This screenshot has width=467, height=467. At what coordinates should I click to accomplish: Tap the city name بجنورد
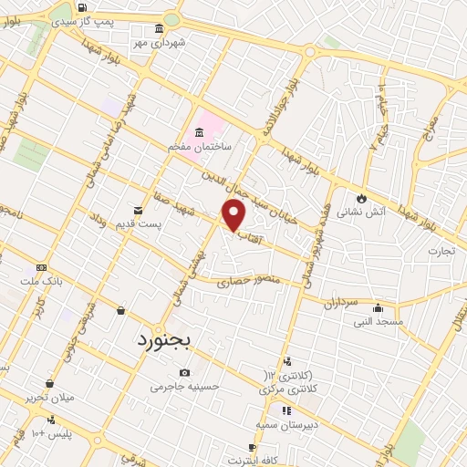point(165,341)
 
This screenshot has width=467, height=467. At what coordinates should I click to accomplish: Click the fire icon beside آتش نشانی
point(361,197)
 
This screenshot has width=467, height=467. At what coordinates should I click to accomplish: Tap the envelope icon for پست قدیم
point(138,211)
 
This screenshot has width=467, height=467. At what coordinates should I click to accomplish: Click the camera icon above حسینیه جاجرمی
point(185,372)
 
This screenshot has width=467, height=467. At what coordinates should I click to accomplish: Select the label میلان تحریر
point(49,399)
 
